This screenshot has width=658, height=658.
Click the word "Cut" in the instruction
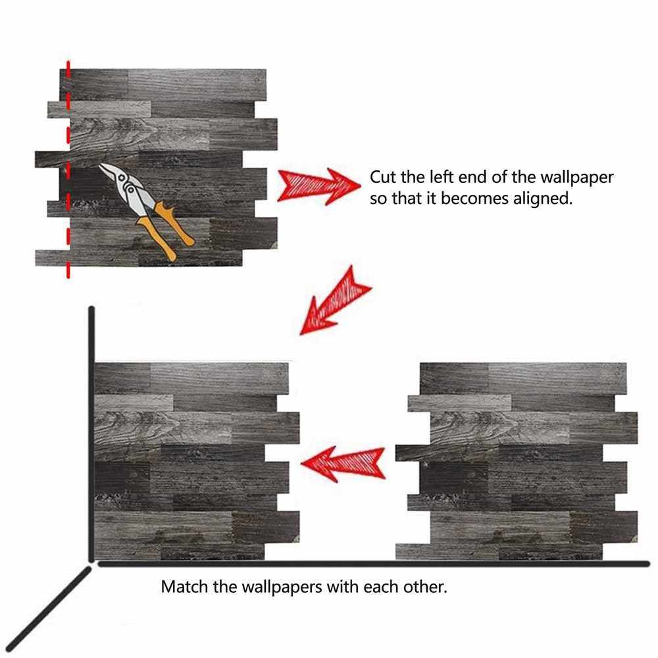(383, 176)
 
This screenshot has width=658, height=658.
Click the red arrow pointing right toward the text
(319, 186)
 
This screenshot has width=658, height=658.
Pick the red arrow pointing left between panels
(343, 463)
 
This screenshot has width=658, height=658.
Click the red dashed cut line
(68, 169)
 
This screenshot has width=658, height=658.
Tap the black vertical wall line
(91, 434)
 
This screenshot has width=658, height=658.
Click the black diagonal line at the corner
(48, 609)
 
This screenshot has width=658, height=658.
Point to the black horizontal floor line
(374, 564)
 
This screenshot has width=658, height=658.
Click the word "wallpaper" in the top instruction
(576, 178)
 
